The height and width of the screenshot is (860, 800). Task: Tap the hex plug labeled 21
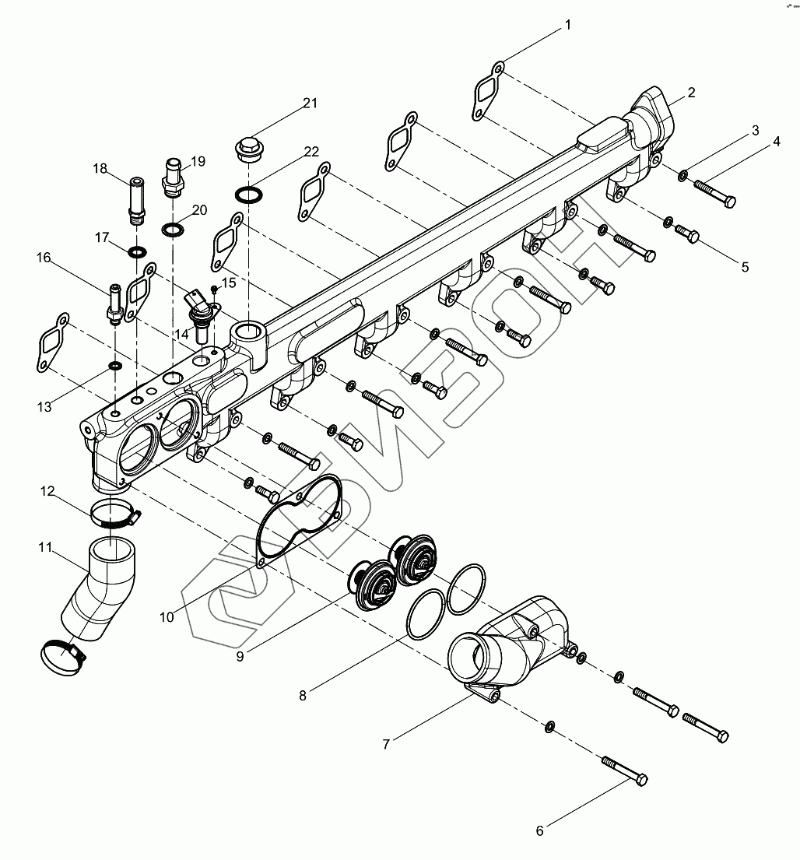(x=247, y=149)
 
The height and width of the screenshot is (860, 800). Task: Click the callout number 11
(x=45, y=549)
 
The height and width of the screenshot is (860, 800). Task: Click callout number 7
(x=386, y=744)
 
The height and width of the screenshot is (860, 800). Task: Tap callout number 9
(x=240, y=656)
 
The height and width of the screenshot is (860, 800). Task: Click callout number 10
(x=167, y=617)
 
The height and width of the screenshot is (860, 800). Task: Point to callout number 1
(x=567, y=25)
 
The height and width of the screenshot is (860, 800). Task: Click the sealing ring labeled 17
(x=138, y=252)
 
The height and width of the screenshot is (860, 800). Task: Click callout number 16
(x=43, y=258)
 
